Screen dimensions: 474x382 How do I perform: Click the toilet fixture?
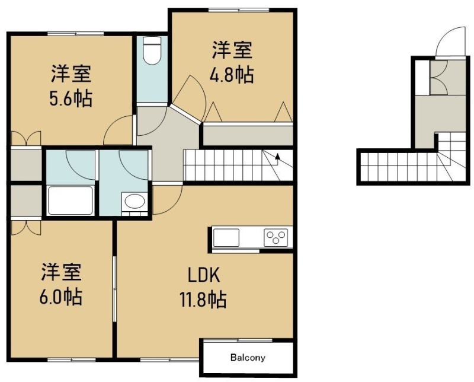[x=152, y=50]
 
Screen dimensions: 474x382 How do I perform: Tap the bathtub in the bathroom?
[x=70, y=200]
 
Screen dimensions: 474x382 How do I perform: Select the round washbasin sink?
[x=135, y=201]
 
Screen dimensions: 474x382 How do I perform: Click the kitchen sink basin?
[x=226, y=238]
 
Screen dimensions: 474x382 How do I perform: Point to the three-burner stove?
[x=276, y=237]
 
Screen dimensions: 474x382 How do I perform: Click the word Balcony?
[x=248, y=358]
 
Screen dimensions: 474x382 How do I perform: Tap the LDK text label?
[x=203, y=275]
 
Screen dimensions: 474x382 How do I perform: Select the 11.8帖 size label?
[x=203, y=299]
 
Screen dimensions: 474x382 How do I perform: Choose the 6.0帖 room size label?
[x=61, y=297]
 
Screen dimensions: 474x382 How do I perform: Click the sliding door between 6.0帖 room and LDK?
[x=114, y=289]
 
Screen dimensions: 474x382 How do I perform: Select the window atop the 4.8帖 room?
[x=239, y=10]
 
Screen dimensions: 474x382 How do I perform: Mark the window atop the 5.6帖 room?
[x=76, y=34]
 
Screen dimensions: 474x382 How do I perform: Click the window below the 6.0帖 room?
[x=72, y=359]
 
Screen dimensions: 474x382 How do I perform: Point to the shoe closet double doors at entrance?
[x=438, y=78]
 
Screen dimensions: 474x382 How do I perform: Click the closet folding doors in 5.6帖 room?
[x=26, y=138]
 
